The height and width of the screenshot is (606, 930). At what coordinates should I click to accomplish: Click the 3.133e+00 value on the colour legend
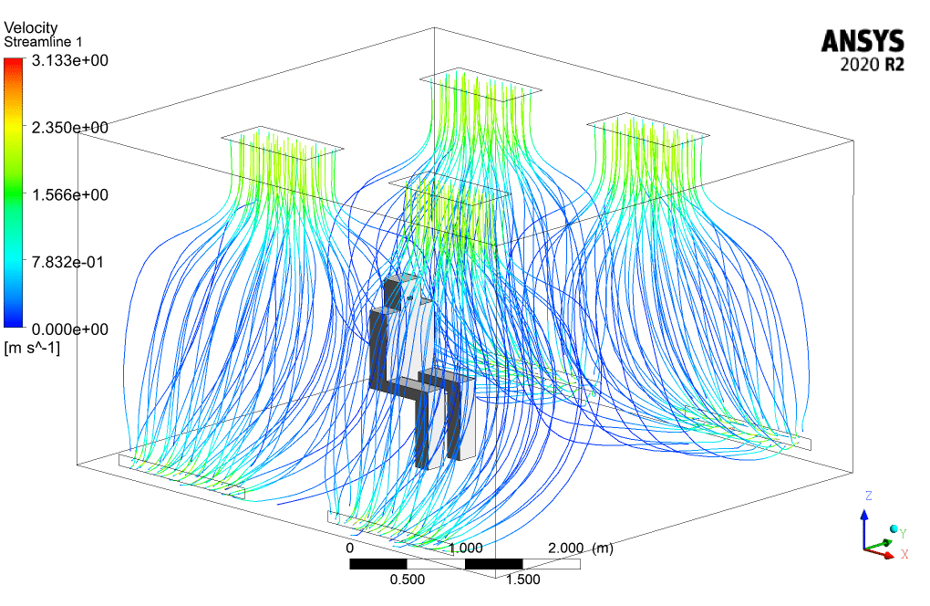pyautogui.click(x=70, y=60)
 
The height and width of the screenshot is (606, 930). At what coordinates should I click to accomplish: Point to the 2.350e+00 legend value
pyautogui.click(x=70, y=128)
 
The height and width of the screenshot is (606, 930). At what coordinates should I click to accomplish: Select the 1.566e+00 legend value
pyautogui.click(x=70, y=194)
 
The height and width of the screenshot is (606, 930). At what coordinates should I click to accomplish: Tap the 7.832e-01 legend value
pyautogui.click(x=67, y=262)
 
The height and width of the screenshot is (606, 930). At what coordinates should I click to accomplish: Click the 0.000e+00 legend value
pyautogui.click(x=70, y=329)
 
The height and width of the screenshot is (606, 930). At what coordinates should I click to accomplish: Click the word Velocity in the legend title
pyautogui.click(x=31, y=28)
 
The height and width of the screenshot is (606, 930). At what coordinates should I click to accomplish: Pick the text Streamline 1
pyautogui.click(x=43, y=42)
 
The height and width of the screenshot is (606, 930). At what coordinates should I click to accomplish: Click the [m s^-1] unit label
pyautogui.click(x=32, y=348)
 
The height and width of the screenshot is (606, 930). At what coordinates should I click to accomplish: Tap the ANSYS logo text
pyautogui.click(x=863, y=42)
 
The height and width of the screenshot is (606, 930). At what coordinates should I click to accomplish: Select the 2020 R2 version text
pyautogui.click(x=872, y=64)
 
